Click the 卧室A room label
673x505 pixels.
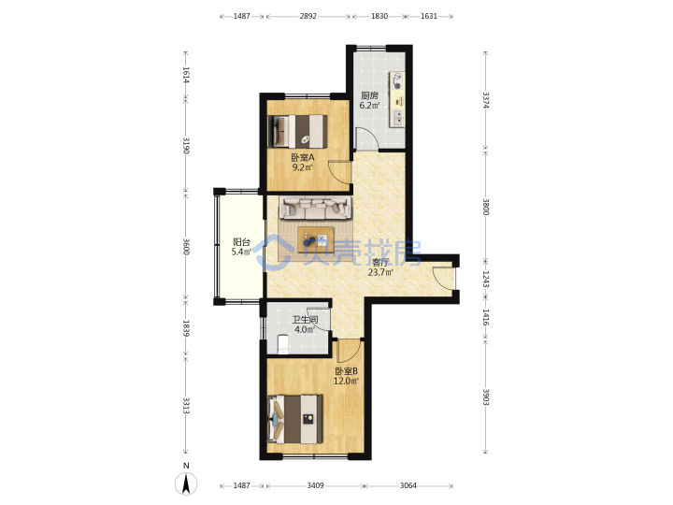pos(303,157)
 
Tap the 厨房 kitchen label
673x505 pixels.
pos(369,95)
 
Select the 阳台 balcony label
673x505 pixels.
pos(241,242)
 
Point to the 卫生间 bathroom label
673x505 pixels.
pos(305,320)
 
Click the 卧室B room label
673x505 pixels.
pos(346,370)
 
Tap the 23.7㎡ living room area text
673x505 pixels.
pos(380,272)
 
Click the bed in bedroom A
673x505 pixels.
pos(297,131)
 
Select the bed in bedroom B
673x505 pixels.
pos(295,419)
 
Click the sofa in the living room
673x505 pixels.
pos(316,208)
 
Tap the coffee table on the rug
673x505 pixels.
pos(316,240)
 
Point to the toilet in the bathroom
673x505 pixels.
pos(283,344)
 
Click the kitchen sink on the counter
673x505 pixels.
pos(398,118)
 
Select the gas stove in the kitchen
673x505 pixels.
pos(397,80)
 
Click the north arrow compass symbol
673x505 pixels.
pos(186,484)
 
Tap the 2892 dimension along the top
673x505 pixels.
pos(308,16)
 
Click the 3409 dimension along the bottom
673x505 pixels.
pos(316,485)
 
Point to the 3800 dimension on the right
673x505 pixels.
pos(485,207)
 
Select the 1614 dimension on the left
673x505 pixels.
pos(186,75)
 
